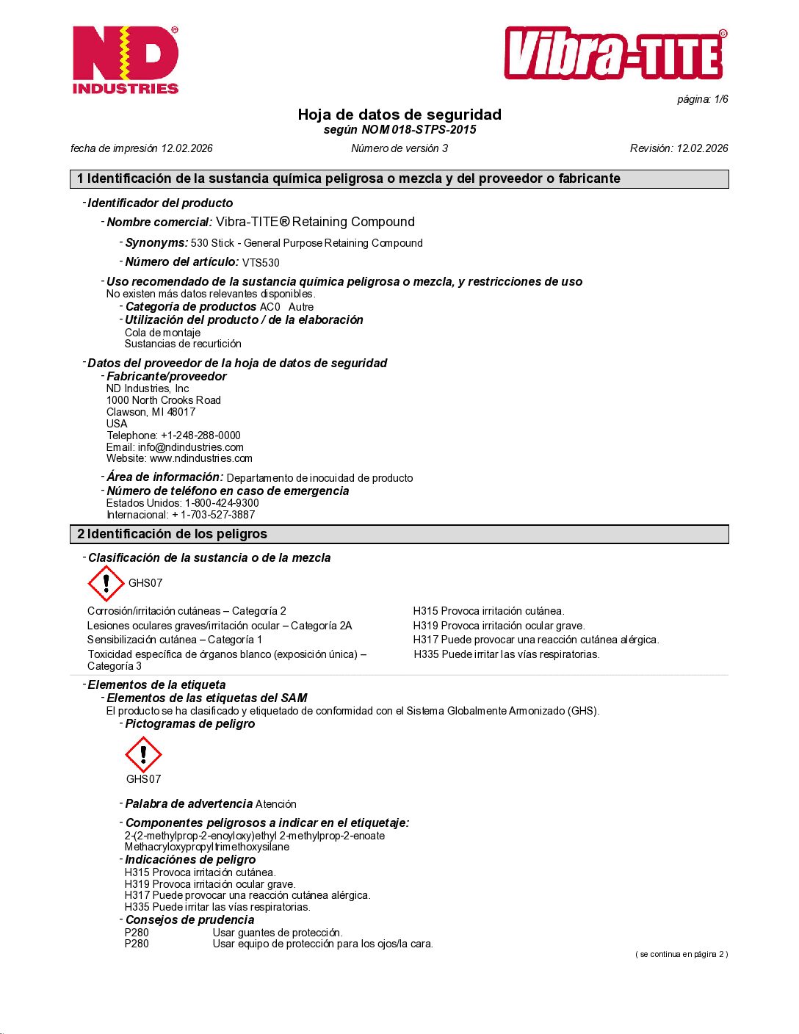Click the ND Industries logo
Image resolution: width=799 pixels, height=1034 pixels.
click(126, 60)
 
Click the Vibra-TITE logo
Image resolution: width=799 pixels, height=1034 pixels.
click(615, 54)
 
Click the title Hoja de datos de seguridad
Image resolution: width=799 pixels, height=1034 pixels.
click(399, 115)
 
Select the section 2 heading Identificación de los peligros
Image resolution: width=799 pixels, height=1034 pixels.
click(176, 534)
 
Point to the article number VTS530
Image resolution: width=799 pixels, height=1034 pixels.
click(261, 263)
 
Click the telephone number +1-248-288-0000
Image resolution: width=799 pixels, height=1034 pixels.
click(200, 435)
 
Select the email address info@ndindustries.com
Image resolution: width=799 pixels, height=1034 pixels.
click(190, 447)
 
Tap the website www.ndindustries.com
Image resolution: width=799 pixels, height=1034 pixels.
click(200, 458)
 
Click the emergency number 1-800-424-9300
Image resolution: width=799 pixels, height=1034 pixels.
click(222, 503)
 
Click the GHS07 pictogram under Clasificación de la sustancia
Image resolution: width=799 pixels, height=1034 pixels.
click(106, 583)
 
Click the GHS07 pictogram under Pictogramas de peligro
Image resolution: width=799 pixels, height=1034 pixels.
click(143, 754)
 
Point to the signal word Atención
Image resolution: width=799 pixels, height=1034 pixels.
click(276, 804)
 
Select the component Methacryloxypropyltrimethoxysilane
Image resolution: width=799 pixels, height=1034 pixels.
click(206, 847)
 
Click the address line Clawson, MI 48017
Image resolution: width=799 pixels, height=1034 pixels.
click(151, 412)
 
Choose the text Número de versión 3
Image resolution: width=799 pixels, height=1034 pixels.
click(399, 148)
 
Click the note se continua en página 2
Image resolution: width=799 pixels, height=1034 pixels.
click(681, 954)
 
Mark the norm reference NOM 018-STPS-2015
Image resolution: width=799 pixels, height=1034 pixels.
click(419, 130)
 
